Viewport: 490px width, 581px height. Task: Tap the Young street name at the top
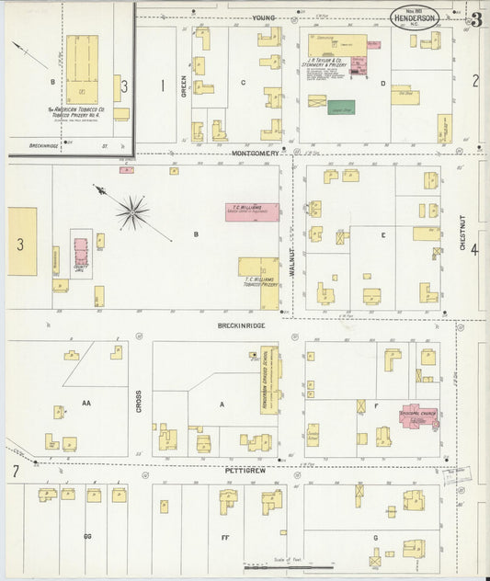point(266,17)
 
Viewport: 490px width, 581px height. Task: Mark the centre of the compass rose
point(133,212)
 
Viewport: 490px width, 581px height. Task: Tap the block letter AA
point(86,403)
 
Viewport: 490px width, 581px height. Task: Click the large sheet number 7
point(16,472)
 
